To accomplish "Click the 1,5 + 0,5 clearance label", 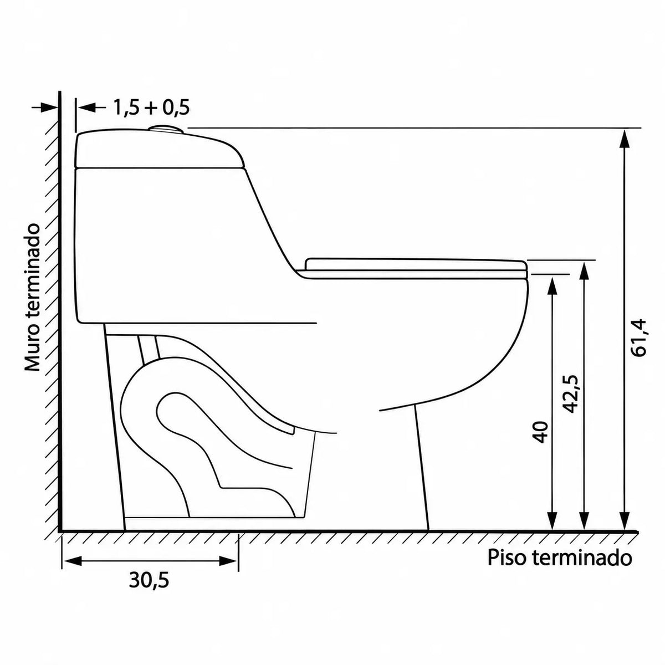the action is pyautogui.click(x=151, y=108).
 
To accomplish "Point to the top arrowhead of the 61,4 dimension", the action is pyautogui.click(x=625, y=139).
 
